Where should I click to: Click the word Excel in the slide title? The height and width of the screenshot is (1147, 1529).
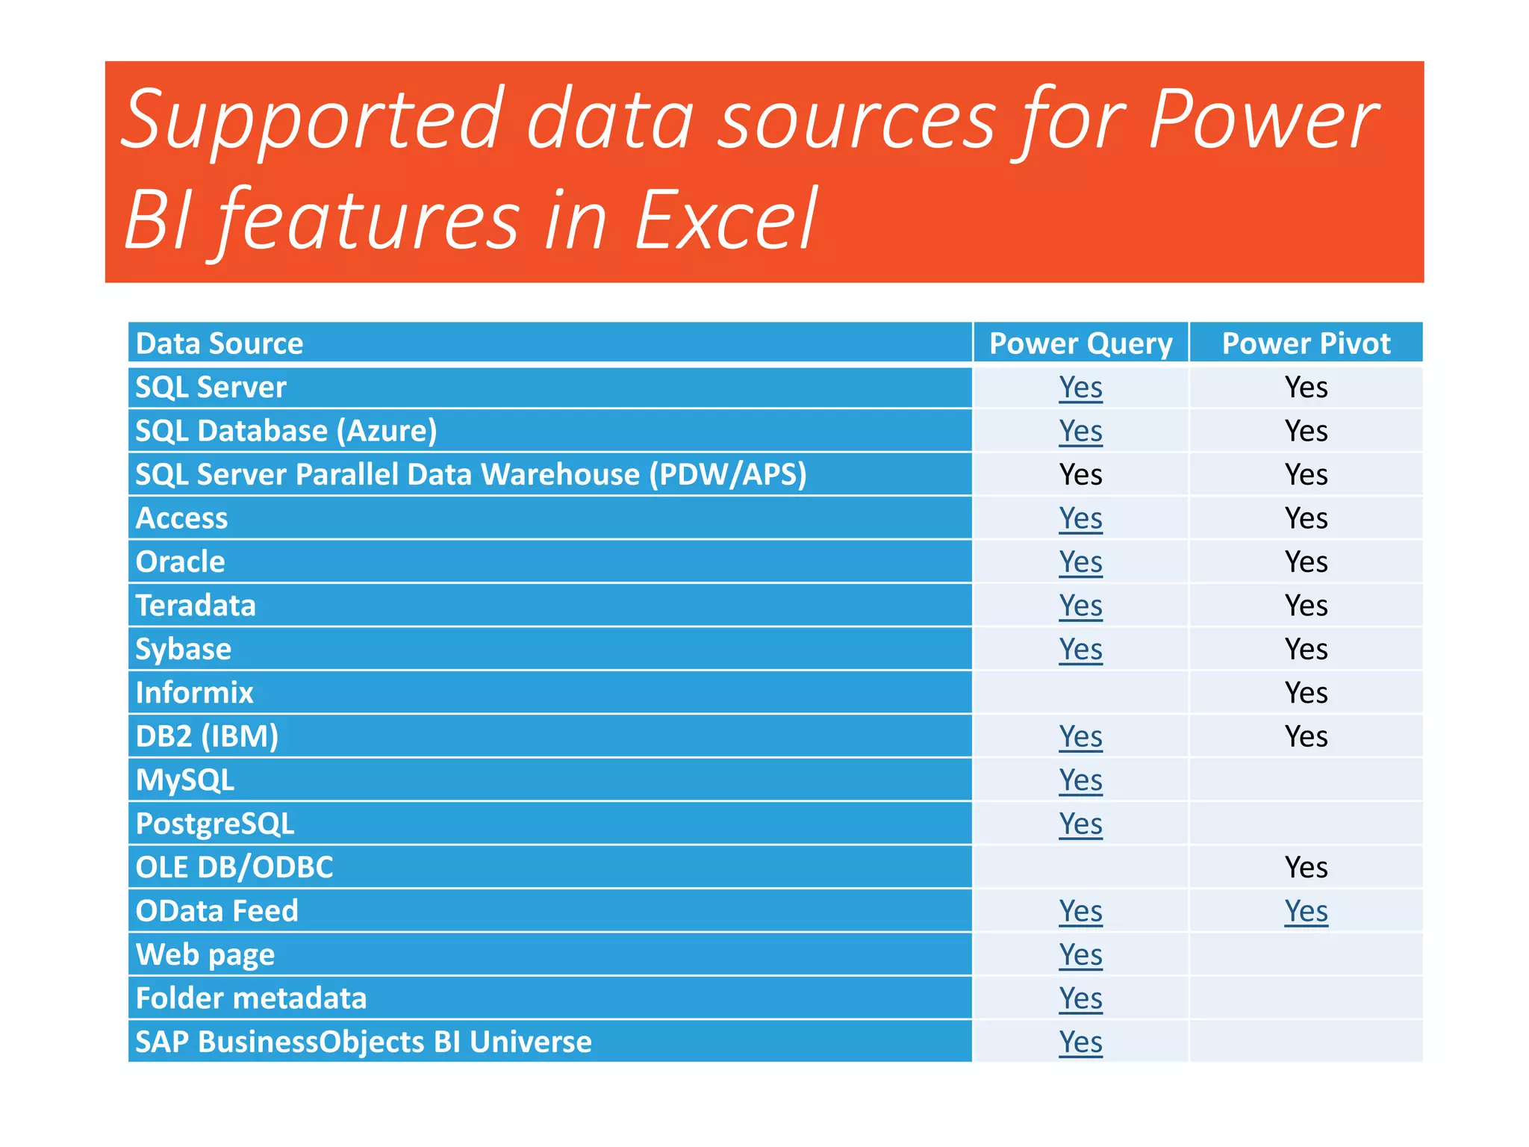coord(726,220)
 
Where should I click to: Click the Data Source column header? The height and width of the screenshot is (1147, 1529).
coord(219,344)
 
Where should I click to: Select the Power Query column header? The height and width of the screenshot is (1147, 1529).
coord(1080,344)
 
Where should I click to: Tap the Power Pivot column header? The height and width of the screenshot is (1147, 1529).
coord(1306,344)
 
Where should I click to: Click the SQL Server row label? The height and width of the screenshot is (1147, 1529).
coord(211,388)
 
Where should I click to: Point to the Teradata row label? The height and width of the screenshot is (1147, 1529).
coord(196,606)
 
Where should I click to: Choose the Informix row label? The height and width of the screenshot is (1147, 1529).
coord(194,693)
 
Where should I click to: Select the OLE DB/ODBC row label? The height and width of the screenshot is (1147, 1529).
coord(234,868)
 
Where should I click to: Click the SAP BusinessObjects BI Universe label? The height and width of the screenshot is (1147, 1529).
coord(363,1042)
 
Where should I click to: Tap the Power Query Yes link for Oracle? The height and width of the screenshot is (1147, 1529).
coord(1080,562)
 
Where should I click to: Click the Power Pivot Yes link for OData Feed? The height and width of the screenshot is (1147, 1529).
coord(1306,911)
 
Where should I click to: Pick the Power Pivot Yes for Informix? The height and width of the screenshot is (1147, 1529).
coord(1306,693)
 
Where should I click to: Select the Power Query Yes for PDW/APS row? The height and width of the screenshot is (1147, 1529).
coord(1080,475)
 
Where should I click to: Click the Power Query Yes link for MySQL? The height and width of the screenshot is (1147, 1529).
coord(1080,780)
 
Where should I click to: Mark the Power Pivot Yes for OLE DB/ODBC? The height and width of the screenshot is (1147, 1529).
coord(1306,868)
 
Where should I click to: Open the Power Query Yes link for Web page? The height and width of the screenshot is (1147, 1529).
coord(1080,955)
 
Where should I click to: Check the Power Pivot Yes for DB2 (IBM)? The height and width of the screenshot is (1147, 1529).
coord(1306,737)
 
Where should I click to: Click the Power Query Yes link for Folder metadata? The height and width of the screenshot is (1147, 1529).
coord(1080,998)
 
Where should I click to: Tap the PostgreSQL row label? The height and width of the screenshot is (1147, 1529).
coord(215,824)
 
